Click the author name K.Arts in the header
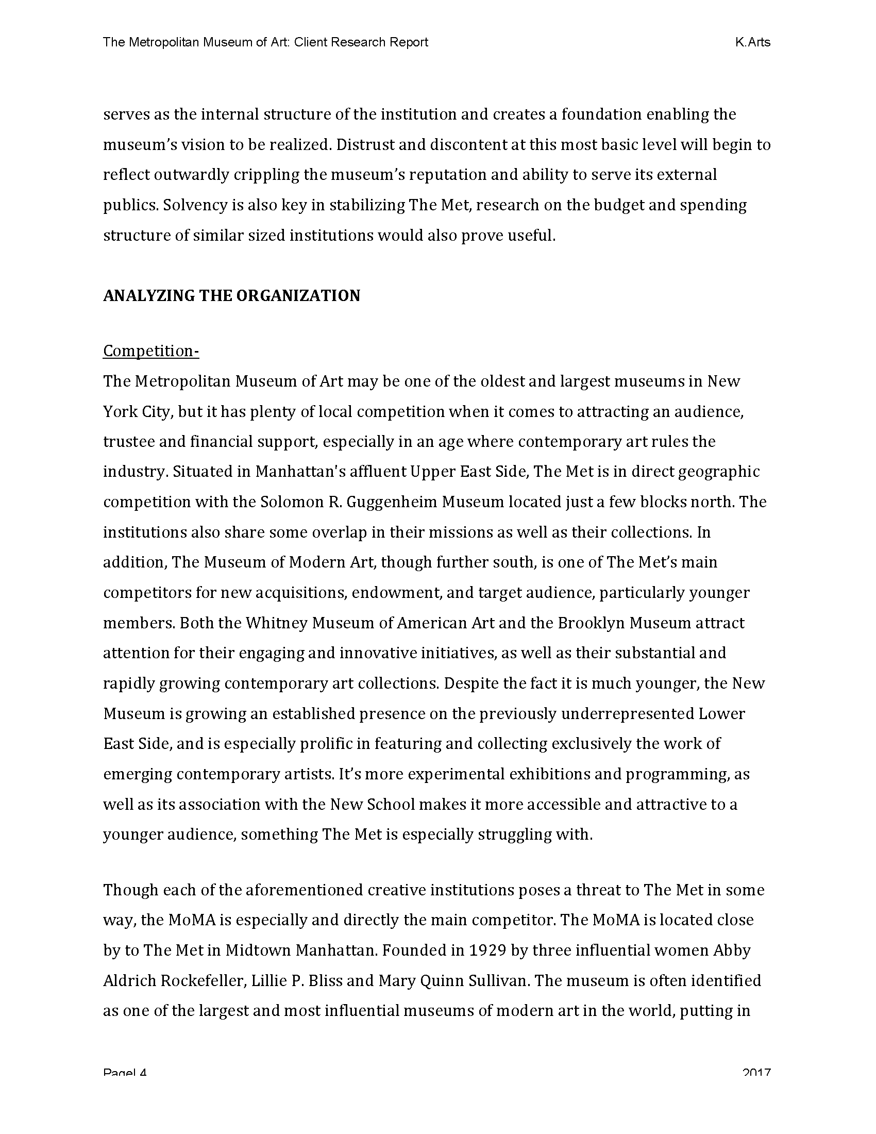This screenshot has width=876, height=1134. click(752, 42)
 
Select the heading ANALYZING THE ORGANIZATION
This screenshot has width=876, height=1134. click(231, 295)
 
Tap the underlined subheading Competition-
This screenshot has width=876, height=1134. click(151, 351)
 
